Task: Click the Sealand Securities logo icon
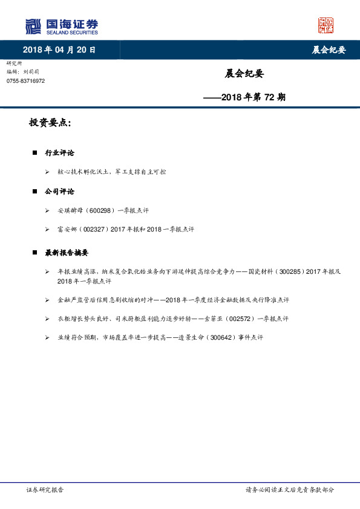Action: tap(33, 26)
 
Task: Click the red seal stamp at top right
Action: tap(326, 25)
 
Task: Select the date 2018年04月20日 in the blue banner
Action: tap(59, 50)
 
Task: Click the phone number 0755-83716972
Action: tap(25, 81)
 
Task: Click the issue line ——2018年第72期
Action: tap(244, 96)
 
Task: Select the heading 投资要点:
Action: tap(50, 123)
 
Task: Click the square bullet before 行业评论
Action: tap(34, 153)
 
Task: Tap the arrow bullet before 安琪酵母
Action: tap(47, 210)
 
